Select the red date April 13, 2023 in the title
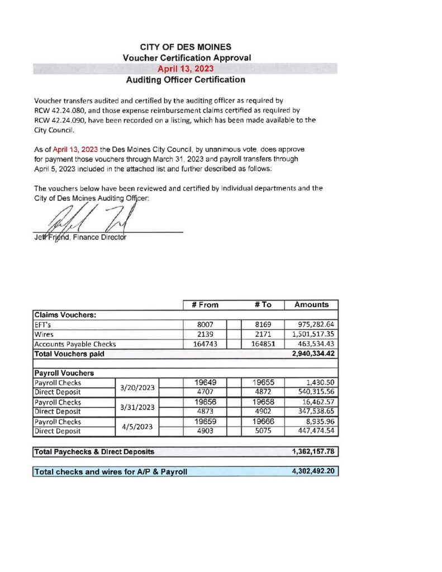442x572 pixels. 186,69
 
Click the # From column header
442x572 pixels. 205,304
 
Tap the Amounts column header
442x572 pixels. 311,304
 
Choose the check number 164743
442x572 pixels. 205,344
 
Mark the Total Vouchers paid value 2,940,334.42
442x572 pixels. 311,354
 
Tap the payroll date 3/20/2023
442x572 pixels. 138,388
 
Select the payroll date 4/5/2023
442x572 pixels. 138,427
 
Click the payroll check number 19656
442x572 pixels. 205,402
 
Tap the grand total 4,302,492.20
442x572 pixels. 311,471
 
